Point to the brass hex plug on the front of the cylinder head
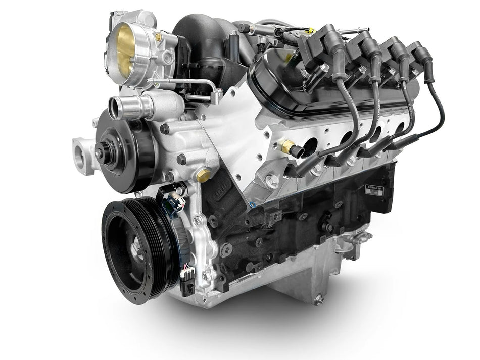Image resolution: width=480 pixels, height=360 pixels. tap(203, 175)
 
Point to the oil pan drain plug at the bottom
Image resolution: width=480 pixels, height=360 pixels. tap(318, 300)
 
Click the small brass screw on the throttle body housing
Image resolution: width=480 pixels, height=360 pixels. tap(159, 36)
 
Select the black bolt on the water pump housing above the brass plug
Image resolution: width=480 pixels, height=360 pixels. tap(181, 160)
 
